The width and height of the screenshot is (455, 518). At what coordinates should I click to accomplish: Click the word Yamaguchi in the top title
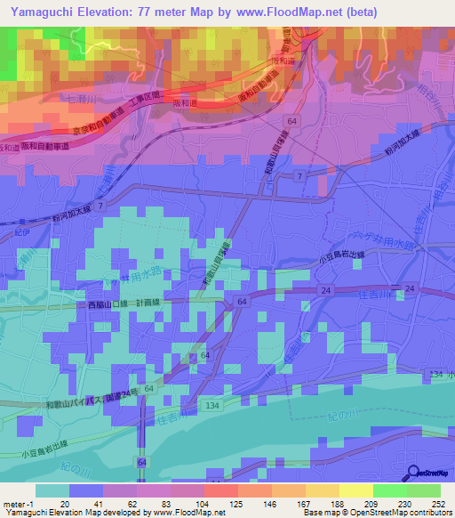click(37, 12)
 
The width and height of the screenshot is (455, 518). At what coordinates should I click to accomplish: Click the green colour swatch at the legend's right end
click(424, 490)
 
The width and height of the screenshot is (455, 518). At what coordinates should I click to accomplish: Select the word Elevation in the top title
click(104, 12)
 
